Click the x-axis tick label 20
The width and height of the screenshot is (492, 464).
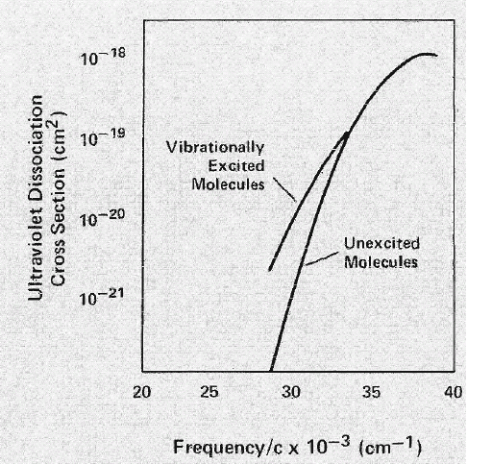[x=142, y=392]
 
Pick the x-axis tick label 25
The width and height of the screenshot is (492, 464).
[x=210, y=392]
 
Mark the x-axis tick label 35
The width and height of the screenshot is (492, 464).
[x=372, y=392]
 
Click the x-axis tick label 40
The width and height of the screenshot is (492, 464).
[x=454, y=392]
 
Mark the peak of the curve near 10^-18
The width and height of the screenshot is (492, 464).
[x=428, y=54]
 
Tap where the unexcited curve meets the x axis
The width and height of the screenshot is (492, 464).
[x=272, y=370]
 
